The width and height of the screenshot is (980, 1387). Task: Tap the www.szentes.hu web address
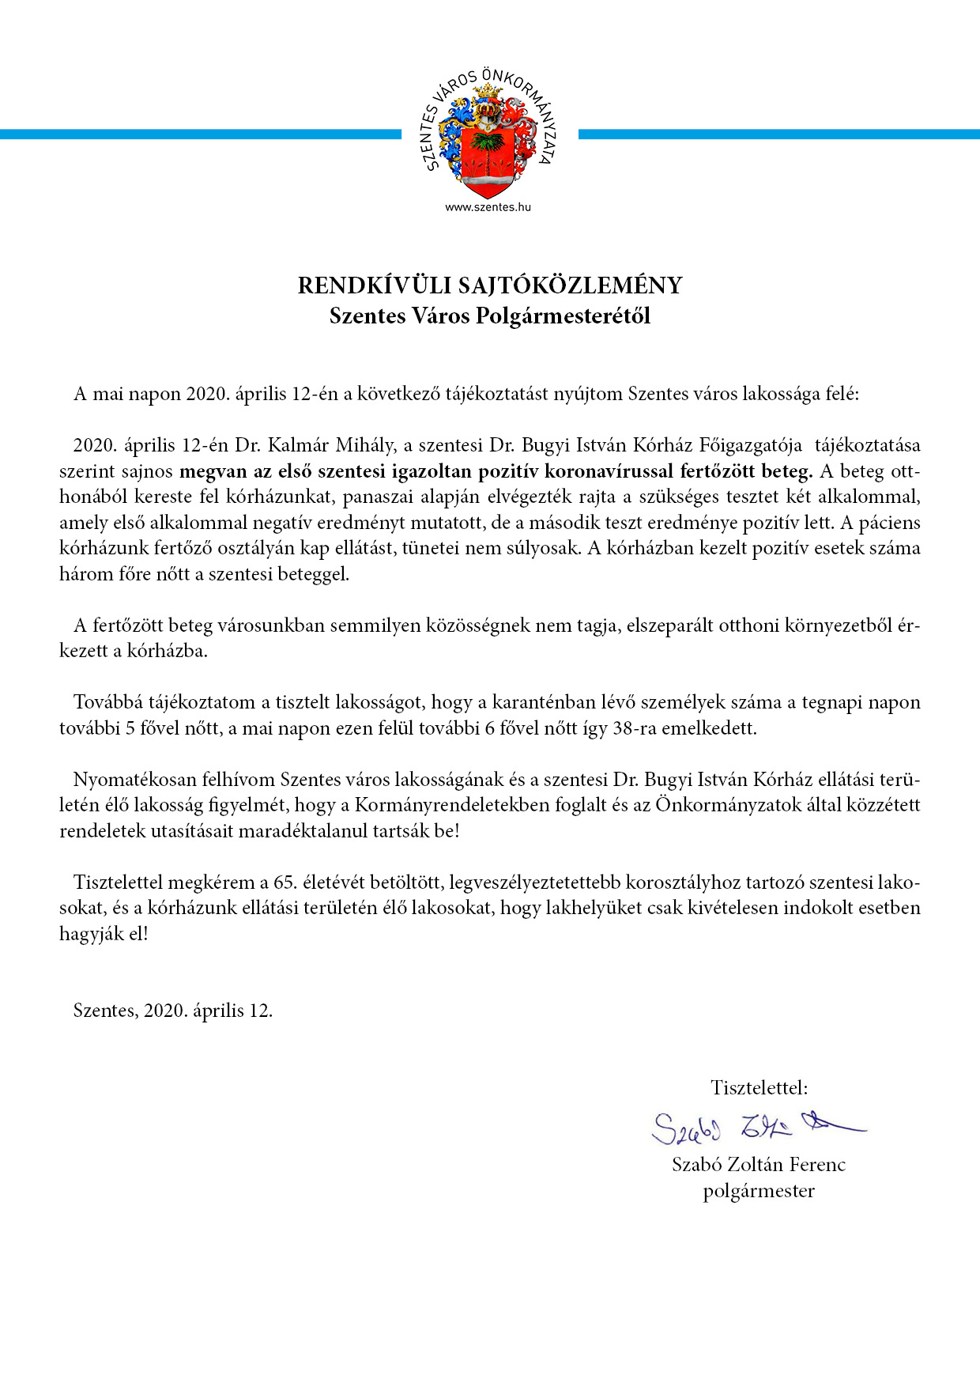[488, 207]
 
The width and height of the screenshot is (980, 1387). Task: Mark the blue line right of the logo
[778, 134]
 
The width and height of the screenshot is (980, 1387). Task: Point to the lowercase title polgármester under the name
[759, 1191]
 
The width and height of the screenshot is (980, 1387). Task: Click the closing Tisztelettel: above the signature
[759, 1088]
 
